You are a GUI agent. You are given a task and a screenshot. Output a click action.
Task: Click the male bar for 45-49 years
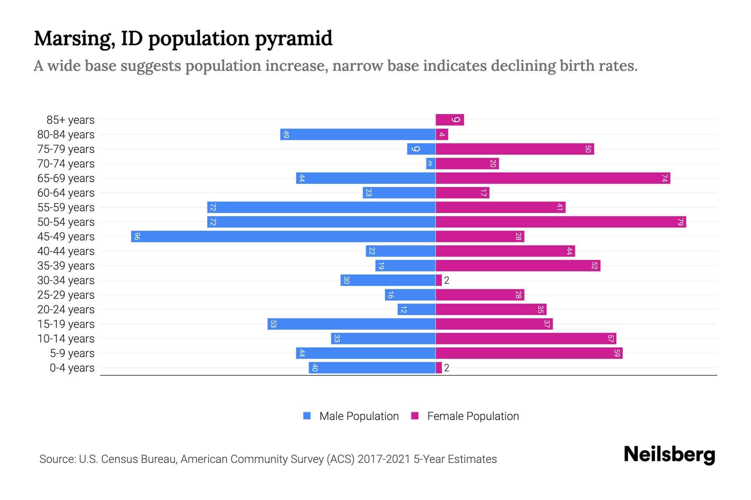[x=284, y=237]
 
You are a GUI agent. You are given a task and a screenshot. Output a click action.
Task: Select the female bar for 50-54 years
[x=561, y=222]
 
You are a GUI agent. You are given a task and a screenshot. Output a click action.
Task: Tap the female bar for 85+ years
[x=450, y=120]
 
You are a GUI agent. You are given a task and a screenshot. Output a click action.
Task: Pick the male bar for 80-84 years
[x=358, y=135]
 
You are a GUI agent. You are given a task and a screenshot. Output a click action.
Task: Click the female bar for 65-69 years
[x=553, y=178]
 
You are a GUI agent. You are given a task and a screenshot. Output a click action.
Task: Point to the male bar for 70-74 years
[x=431, y=164]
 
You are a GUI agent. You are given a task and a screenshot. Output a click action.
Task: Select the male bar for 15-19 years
[x=351, y=324]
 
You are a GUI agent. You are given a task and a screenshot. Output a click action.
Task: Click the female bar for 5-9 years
[x=529, y=353]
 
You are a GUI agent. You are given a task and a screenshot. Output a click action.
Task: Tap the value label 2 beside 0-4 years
[x=447, y=368]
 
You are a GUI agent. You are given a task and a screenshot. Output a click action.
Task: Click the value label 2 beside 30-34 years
[x=447, y=280]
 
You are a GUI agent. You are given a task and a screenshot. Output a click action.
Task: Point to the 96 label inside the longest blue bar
[x=137, y=237]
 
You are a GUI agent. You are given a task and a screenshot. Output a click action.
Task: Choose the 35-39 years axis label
[x=66, y=266]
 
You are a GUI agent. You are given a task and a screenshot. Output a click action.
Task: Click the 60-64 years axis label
[x=66, y=193]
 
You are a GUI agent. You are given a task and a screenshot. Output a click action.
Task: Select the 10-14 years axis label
[x=66, y=339]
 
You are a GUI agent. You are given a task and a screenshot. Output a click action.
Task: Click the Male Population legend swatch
[x=307, y=416]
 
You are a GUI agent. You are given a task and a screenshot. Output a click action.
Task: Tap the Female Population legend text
[x=473, y=416]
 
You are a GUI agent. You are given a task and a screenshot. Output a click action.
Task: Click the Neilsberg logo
[x=669, y=455]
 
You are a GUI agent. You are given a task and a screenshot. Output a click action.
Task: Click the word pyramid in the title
[x=294, y=39]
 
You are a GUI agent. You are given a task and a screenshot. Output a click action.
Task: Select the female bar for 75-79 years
[x=515, y=149]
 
